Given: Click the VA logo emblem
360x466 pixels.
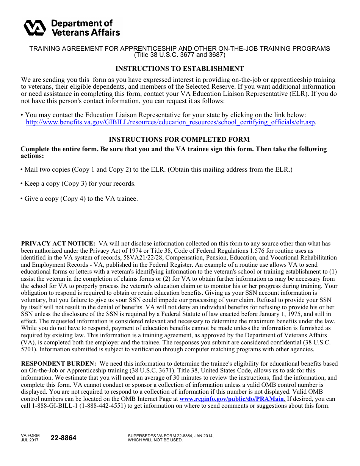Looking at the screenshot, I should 35,28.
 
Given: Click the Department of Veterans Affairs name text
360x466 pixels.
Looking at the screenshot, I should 85,28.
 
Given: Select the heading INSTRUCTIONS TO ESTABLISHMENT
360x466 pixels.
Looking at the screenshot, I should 180,69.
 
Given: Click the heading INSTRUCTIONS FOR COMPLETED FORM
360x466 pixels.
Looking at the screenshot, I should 180,139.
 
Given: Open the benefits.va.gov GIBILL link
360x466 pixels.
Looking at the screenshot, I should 171,122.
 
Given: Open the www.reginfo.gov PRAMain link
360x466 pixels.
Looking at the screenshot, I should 232,399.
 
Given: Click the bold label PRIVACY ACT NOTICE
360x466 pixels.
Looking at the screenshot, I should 58,244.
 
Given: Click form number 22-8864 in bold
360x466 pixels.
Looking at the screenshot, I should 63,438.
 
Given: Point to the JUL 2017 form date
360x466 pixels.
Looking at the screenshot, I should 30,440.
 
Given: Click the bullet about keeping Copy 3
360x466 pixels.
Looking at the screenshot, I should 79,183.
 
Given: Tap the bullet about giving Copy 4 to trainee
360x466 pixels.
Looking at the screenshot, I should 80,199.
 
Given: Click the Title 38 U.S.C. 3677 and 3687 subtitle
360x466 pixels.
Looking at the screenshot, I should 180,55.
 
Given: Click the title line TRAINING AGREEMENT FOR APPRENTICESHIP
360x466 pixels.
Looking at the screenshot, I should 180,48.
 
